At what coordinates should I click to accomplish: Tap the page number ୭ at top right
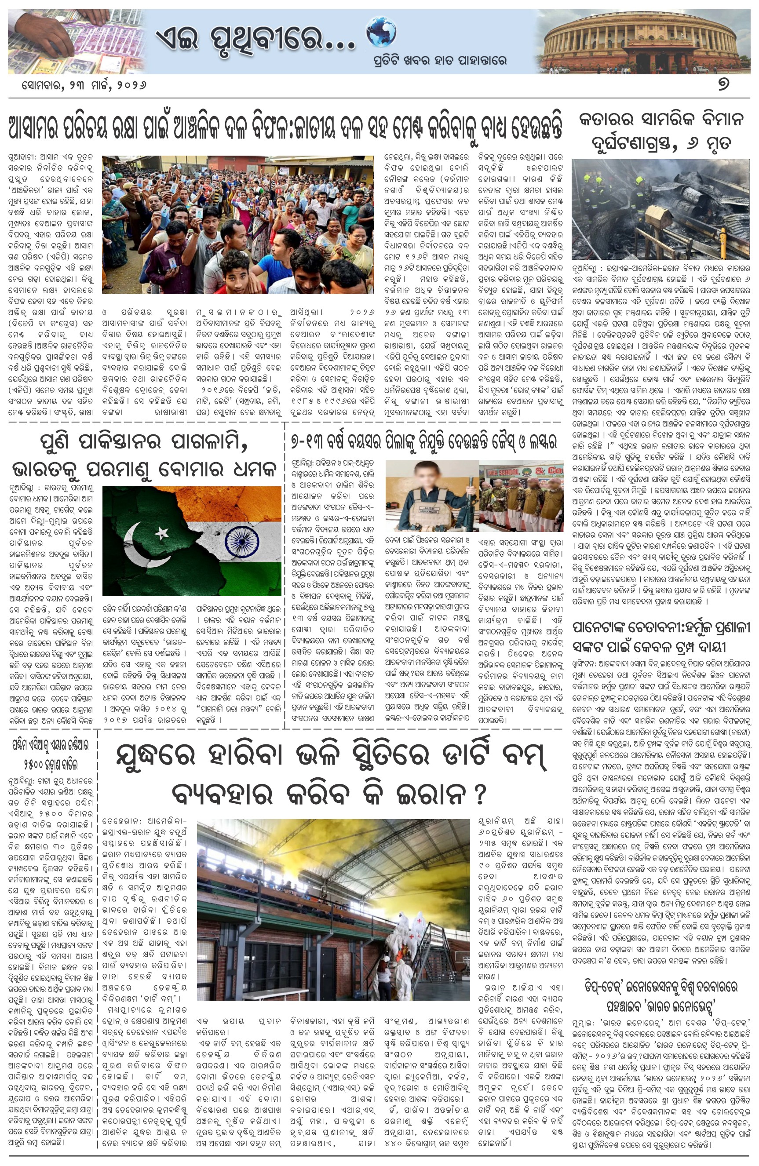coord(723,84)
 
